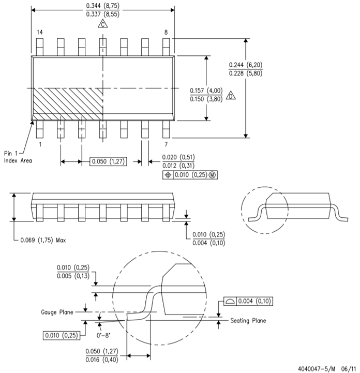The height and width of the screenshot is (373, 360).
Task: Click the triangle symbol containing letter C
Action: tap(103, 24)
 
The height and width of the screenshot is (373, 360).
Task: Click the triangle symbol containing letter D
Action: tap(231, 96)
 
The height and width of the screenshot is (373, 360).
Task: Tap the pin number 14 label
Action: tap(40, 32)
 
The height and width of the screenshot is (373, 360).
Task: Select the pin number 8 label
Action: tap(166, 32)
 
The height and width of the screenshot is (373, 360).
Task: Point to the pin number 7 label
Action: tap(166, 144)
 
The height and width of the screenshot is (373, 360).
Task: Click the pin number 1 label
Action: tap(40, 144)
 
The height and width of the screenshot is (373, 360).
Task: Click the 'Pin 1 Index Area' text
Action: tap(18, 157)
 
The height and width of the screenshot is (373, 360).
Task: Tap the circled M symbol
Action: tap(212, 175)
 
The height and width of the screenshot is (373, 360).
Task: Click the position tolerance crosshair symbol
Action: tap(168, 175)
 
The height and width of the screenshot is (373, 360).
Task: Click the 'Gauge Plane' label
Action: tap(57, 312)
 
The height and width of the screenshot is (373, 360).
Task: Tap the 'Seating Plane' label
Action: tap(248, 321)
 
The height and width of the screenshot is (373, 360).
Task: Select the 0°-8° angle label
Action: tap(103, 335)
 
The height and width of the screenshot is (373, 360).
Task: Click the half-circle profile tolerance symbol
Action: tap(230, 302)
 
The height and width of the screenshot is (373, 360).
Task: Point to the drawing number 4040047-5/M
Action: tap(317, 369)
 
